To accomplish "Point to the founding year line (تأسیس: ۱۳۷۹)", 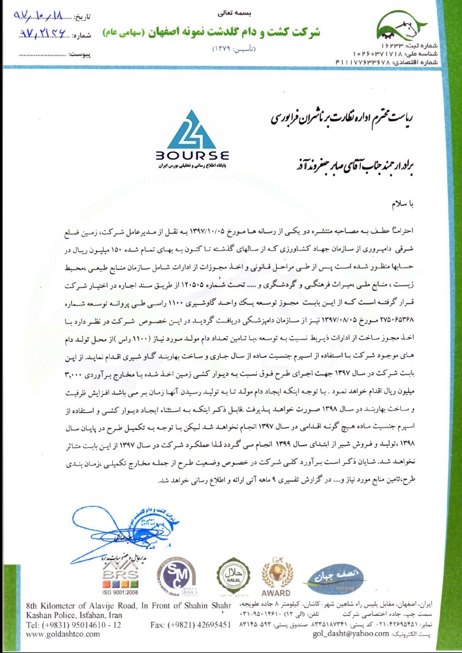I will [x=231, y=47].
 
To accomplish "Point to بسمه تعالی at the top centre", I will [x=231, y=12].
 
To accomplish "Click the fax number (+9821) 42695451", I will [x=190, y=625].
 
